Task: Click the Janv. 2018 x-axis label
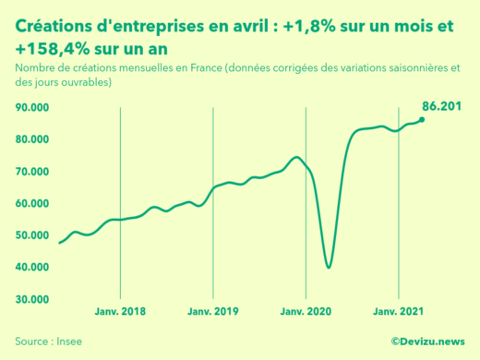(121, 311)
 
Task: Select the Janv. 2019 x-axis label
(213, 311)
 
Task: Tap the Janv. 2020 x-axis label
(306, 311)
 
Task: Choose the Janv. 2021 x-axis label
(398, 311)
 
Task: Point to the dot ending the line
(422, 119)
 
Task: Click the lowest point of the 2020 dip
(329, 268)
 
